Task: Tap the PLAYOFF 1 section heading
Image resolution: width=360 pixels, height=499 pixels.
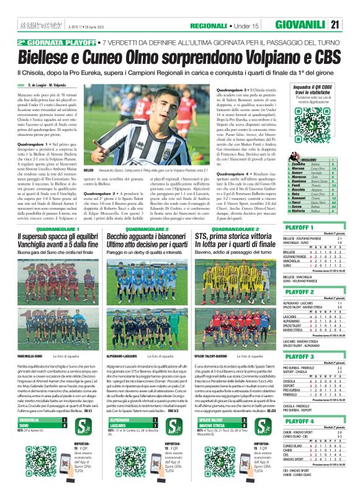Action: click(x=299, y=228)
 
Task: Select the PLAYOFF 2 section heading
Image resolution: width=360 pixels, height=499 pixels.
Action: click(x=299, y=291)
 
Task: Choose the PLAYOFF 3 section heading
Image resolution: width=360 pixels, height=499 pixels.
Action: click(x=299, y=357)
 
